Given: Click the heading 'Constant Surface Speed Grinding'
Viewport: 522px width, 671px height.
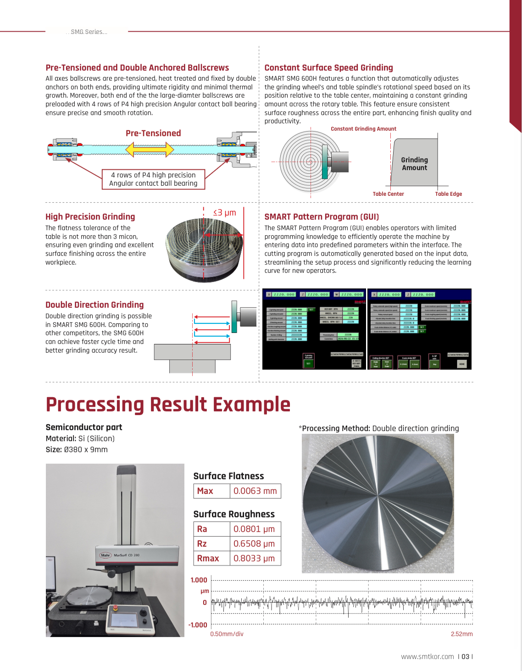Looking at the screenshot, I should point(328,67).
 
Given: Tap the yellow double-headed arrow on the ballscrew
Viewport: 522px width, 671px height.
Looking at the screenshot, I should point(150,150).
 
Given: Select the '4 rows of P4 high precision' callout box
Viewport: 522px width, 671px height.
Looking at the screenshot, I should point(153,179).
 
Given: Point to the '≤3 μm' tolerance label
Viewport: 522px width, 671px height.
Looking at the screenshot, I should point(224,212).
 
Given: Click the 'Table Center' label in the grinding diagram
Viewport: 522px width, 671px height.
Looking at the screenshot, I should point(388,194).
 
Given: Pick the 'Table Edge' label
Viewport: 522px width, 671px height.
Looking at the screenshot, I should point(448,194).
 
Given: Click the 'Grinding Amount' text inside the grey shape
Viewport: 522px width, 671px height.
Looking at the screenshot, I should point(414,164).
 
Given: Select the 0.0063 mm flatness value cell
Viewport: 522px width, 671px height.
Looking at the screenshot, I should point(255,491).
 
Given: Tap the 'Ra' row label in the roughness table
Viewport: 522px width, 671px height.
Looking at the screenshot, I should point(202,529).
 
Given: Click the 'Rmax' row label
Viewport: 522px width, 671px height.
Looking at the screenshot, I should point(208,558).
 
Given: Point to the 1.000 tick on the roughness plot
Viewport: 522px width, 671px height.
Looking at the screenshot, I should point(199,580).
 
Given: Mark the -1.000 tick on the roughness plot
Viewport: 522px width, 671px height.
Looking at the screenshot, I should point(198,625).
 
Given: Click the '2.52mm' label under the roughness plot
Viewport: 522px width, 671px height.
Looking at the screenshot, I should point(461,634).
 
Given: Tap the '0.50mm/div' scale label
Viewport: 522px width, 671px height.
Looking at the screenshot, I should point(227,634).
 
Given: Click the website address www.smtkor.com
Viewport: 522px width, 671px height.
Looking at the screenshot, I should point(427,657).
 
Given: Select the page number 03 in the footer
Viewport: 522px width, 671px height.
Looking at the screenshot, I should point(465,657).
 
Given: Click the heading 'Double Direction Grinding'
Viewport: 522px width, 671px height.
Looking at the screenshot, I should point(94,305).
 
